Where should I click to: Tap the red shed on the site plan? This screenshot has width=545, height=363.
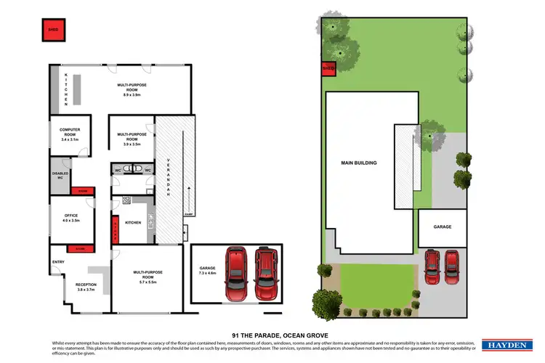[328, 69]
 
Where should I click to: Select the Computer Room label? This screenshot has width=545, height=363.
[74, 131]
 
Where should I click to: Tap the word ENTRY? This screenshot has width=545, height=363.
[57, 263]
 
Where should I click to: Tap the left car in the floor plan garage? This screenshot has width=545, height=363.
[237, 274]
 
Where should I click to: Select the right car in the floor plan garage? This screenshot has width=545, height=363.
[266, 274]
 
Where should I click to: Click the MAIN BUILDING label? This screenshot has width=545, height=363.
[360, 163]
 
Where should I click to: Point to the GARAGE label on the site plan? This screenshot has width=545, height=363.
[442, 227]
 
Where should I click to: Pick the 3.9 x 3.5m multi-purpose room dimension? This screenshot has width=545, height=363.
[132, 145]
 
